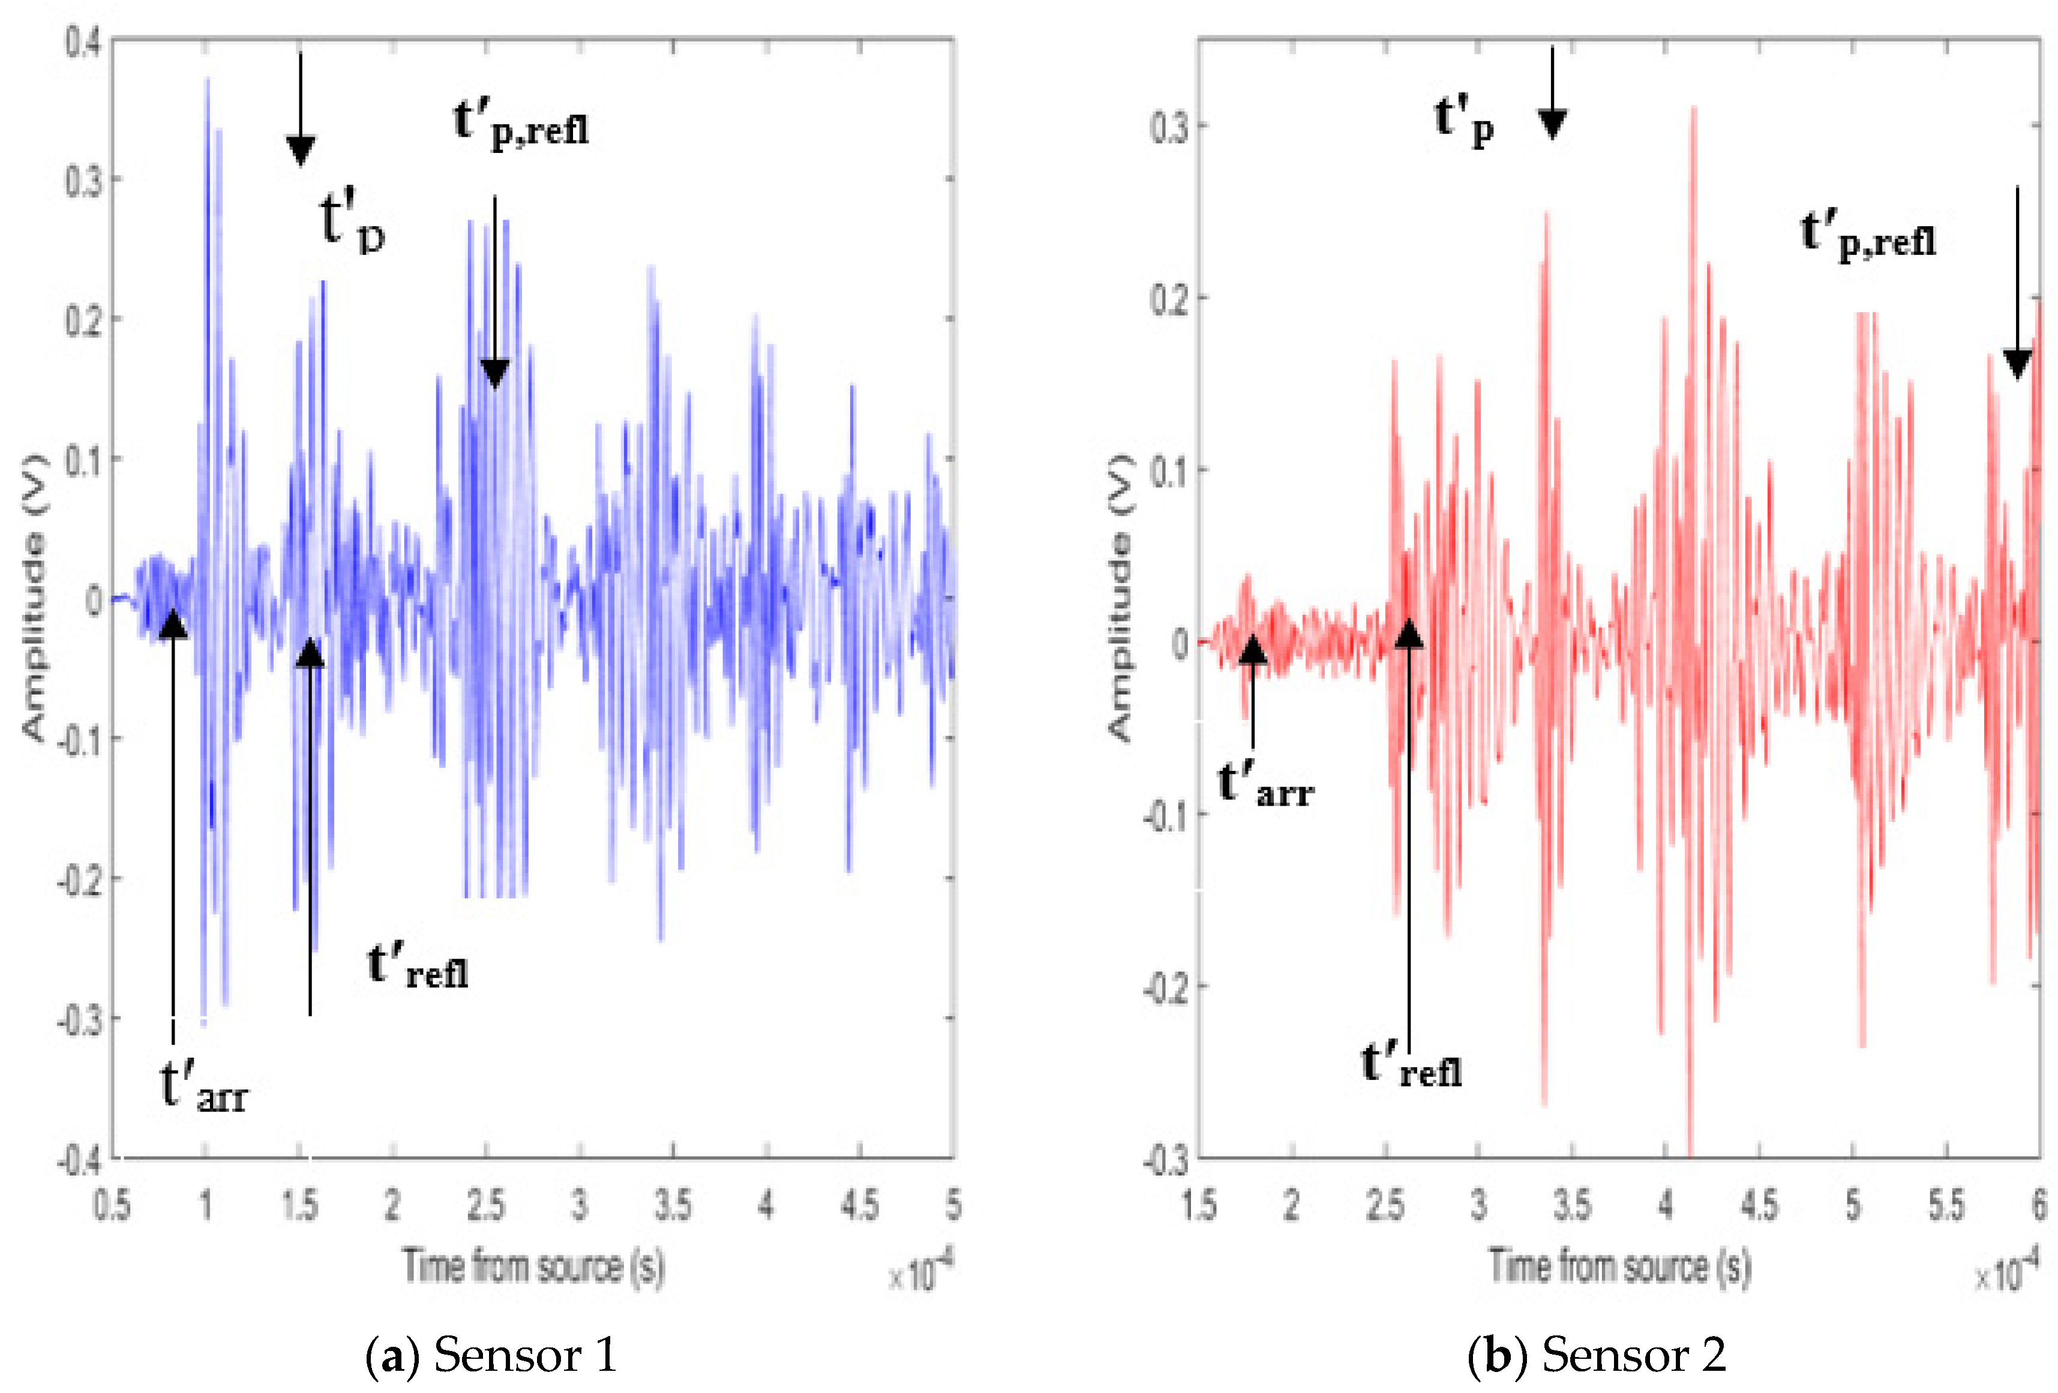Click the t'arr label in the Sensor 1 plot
[x=203, y=1088]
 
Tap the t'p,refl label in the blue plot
[x=521, y=124]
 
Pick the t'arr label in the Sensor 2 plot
[x=1265, y=785]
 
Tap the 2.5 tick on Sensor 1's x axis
[x=485, y=1205]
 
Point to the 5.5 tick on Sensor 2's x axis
[x=1946, y=1205]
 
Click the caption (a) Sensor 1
[x=491, y=1356]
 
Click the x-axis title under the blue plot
[x=534, y=1266]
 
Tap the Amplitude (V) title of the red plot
[x=1120, y=598]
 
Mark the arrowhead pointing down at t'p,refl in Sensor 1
[x=494, y=374]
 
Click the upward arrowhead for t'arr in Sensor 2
[x=1252, y=649]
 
